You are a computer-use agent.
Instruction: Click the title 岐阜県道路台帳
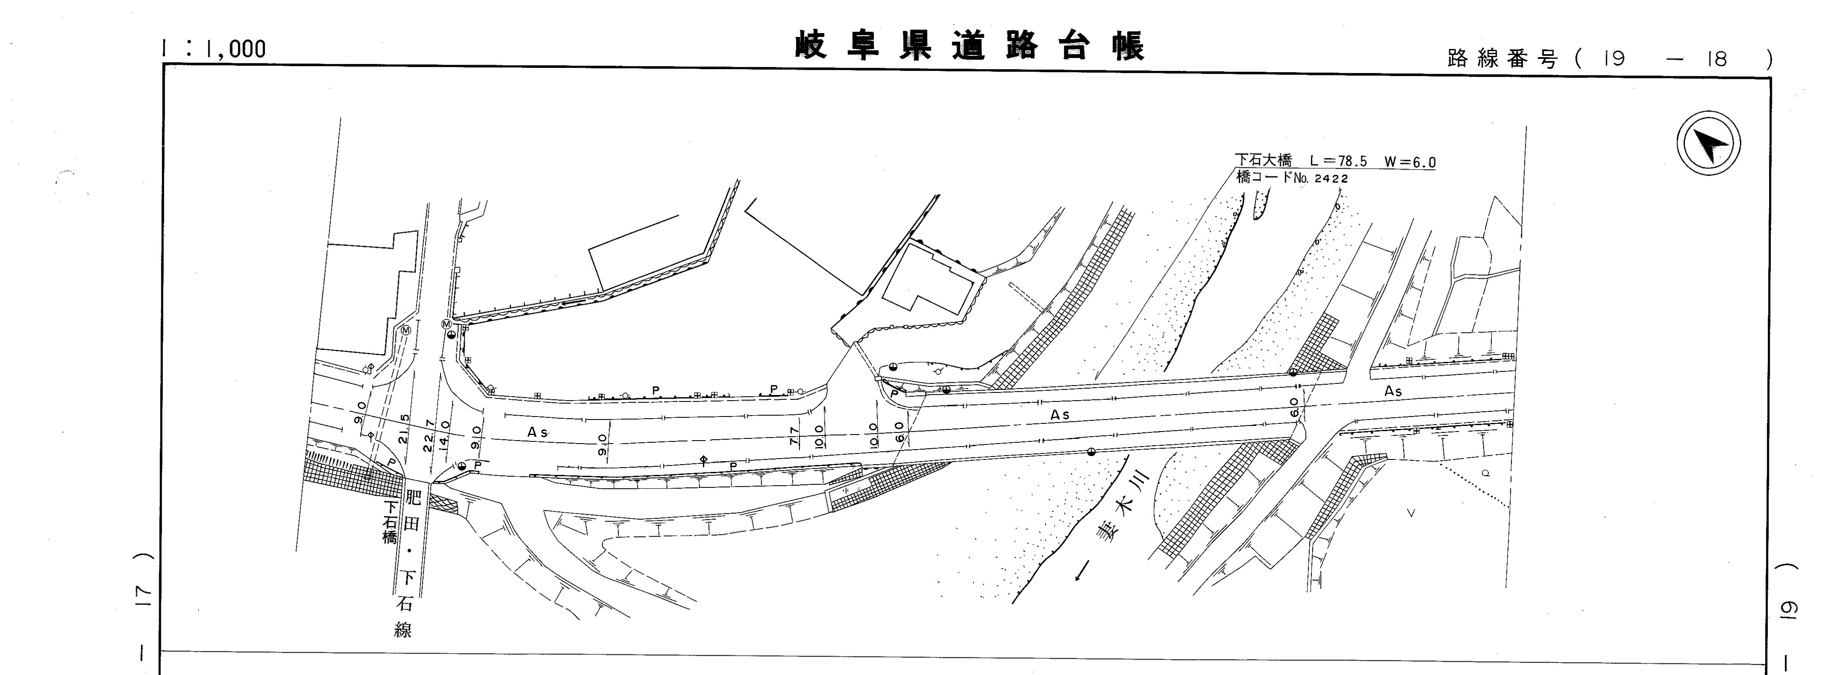tap(970, 46)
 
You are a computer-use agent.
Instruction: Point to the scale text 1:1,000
tap(213, 49)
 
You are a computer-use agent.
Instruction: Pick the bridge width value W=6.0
tap(1410, 162)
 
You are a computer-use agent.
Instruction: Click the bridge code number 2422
tap(1332, 179)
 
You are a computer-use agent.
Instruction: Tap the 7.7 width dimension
tap(794, 436)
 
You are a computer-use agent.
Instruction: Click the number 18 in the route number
tap(1717, 59)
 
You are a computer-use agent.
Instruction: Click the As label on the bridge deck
tap(1060, 415)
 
